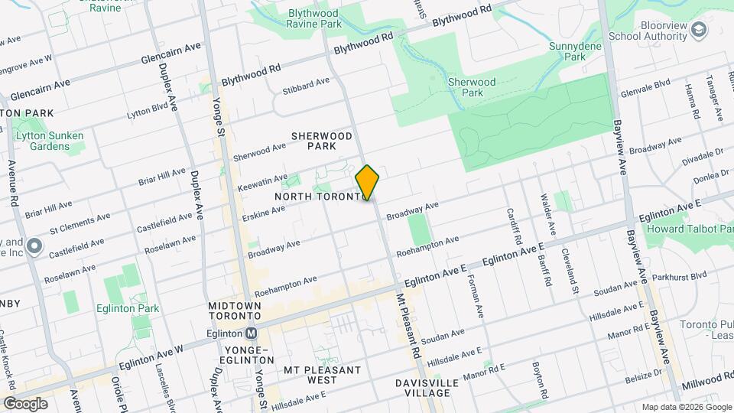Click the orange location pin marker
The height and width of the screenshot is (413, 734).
pyautogui.click(x=368, y=183)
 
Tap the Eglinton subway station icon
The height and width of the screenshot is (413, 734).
pyautogui.click(x=250, y=333)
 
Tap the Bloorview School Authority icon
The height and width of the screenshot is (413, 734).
pyautogui.click(x=698, y=30)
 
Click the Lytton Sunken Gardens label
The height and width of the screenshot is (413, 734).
pyautogui.click(x=50, y=141)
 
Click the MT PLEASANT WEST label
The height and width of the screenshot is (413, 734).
pyautogui.click(x=322, y=375)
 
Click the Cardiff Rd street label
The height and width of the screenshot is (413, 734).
pyautogui.click(x=512, y=226)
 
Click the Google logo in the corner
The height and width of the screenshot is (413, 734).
pyautogui.click(x=25, y=404)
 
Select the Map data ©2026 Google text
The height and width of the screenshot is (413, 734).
pyautogui.click(x=686, y=407)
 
